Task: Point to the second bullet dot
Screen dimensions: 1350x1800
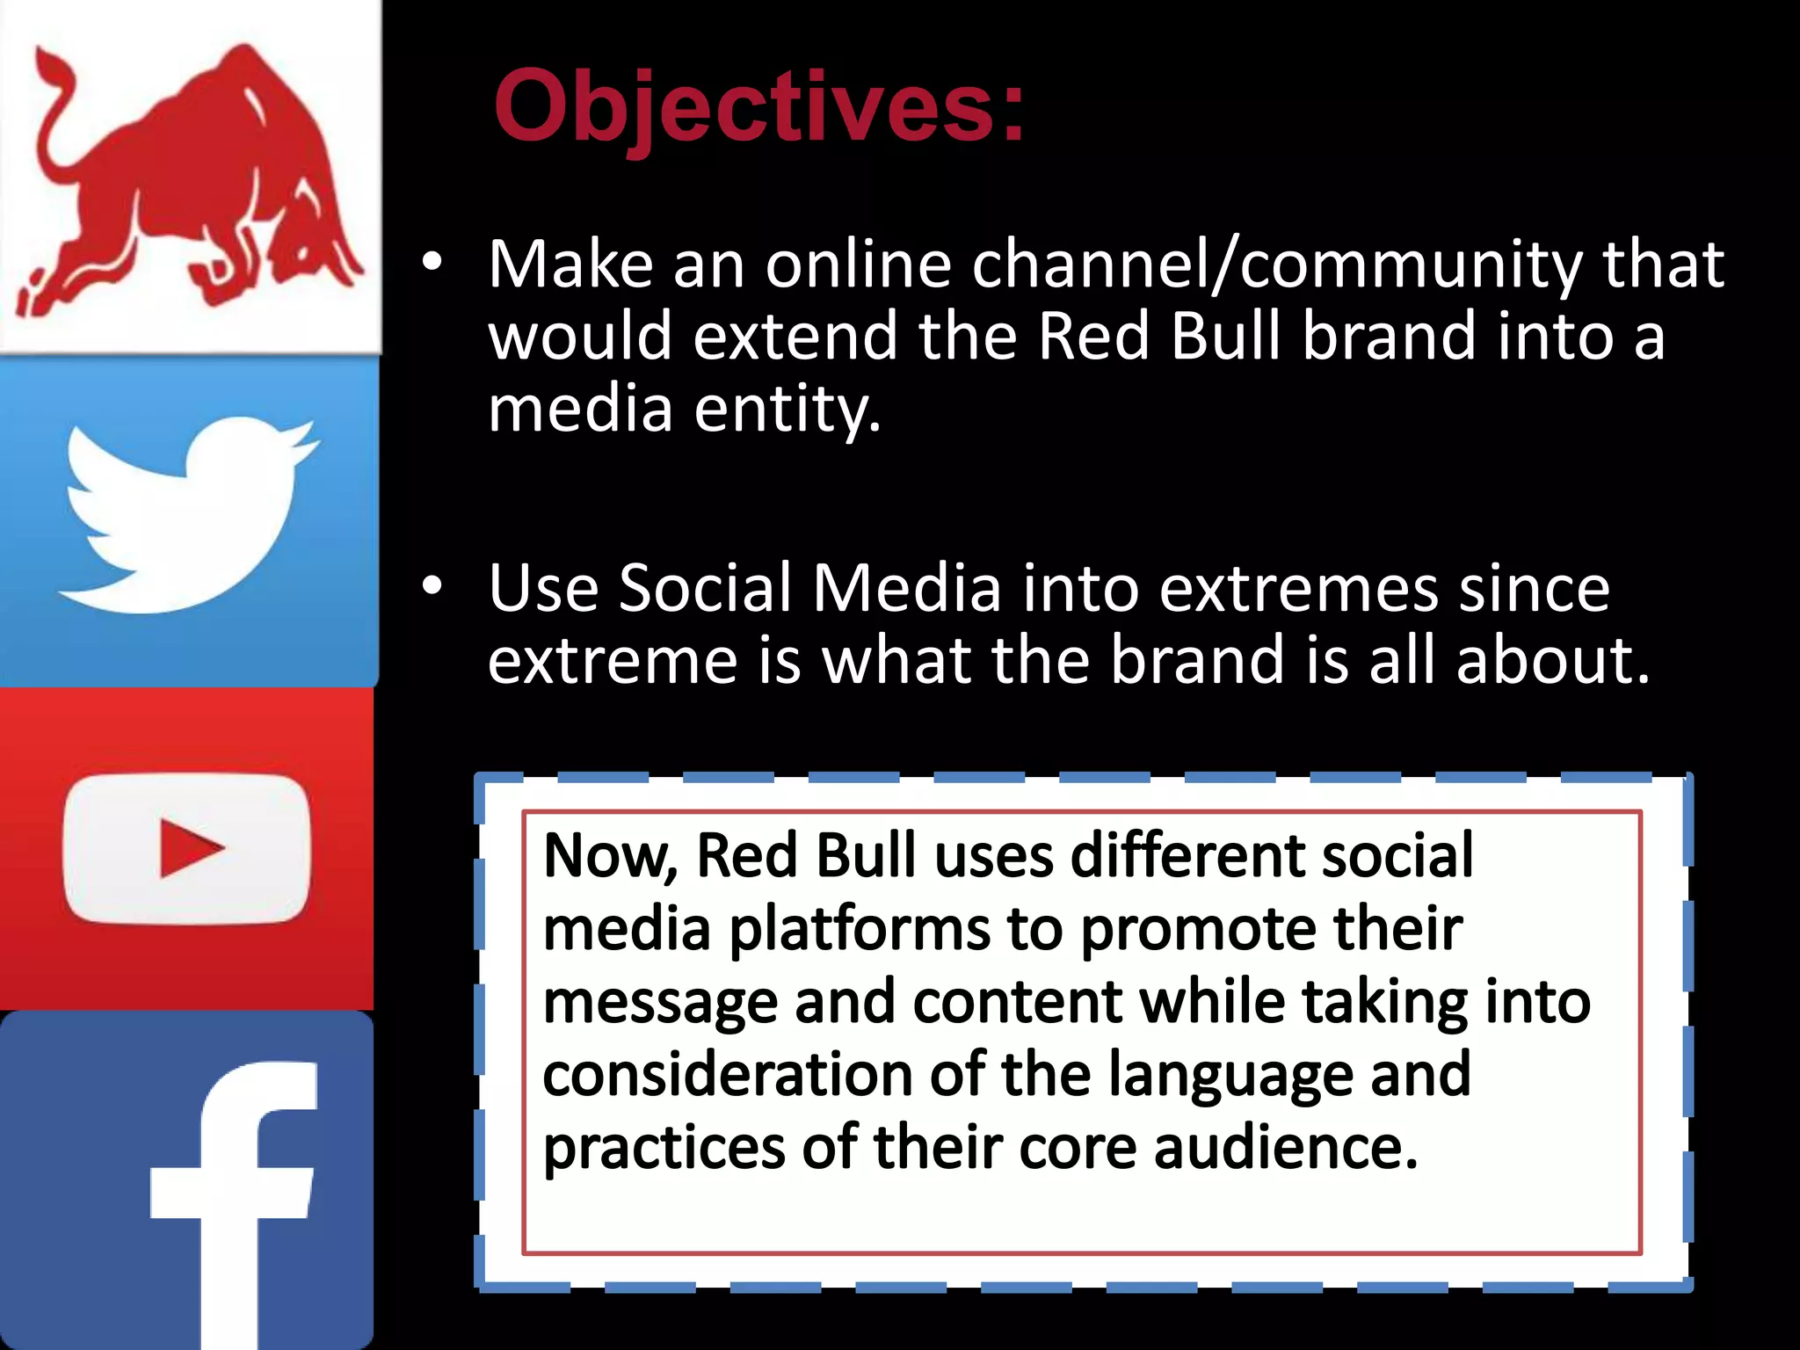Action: [x=432, y=587]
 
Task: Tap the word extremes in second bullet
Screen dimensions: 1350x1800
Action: [x=1298, y=588]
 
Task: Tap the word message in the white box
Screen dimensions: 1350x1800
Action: [x=660, y=1002]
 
